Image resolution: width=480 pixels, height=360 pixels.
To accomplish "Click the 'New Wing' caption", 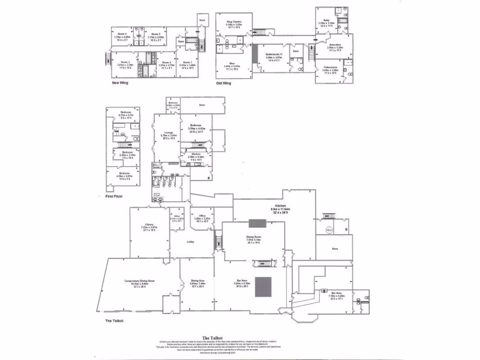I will coord(120,82).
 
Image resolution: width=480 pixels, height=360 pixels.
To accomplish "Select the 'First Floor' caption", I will coord(114,196).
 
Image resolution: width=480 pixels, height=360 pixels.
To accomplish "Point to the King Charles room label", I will coord(233,22).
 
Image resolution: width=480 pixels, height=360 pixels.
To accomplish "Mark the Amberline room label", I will coord(335,45).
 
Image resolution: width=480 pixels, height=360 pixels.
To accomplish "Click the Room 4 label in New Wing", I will coord(123,34).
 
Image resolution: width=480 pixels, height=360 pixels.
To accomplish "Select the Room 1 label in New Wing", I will coord(187,62).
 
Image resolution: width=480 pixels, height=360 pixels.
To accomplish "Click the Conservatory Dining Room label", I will coord(140,281).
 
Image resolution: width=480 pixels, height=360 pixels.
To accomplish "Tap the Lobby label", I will coord(191,242).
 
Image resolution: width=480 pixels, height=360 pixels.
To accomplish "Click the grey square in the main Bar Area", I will coord(263,286).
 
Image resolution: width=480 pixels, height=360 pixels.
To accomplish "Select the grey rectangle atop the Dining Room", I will coord(257,223).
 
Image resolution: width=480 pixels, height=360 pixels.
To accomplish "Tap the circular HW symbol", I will coord(329,230).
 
